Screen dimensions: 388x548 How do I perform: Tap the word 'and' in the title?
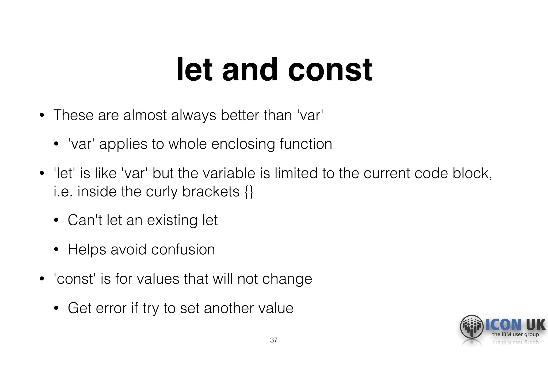(x=250, y=70)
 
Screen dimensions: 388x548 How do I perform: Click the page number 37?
(x=274, y=340)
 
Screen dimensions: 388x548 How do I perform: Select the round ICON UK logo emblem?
(x=471, y=327)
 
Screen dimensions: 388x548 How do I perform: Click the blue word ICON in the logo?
(x=503, y=324)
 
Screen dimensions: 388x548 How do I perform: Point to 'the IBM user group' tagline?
(x=515, y=334)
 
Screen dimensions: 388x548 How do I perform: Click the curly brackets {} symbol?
(x=249, y=192)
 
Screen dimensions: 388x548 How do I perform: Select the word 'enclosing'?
(x=243, y=144)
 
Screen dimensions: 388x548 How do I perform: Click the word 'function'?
(x=306, y=144)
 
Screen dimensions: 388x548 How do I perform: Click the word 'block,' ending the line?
(x=472, y=173)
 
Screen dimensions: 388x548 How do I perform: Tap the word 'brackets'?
(x=211, y=192)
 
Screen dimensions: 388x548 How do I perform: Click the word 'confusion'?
(x=183, y=249)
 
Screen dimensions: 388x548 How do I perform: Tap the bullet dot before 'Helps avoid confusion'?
(x=56, y=250)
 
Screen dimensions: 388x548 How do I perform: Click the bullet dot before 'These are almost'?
(x=41, y=115)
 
